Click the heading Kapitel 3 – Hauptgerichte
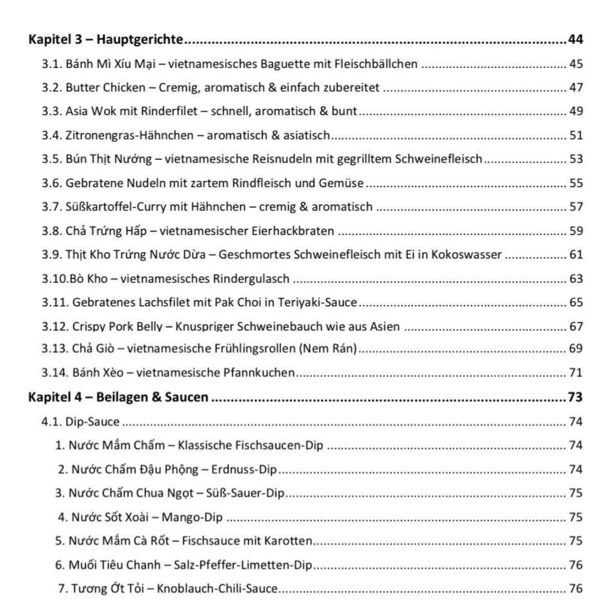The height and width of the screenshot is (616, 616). tap(106, 40)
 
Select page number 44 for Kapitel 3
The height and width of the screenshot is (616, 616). tap(575, 40)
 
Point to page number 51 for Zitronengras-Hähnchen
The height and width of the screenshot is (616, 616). tap(576, 135)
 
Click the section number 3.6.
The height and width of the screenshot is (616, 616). tap(52, 183)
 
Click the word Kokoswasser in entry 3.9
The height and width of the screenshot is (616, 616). tap(470, 254)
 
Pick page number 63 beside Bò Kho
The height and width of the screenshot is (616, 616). tap(576, 279)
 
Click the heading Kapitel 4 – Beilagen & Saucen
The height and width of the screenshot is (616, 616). tap(118, 398)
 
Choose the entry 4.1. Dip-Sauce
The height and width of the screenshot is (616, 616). tap(80, 422)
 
